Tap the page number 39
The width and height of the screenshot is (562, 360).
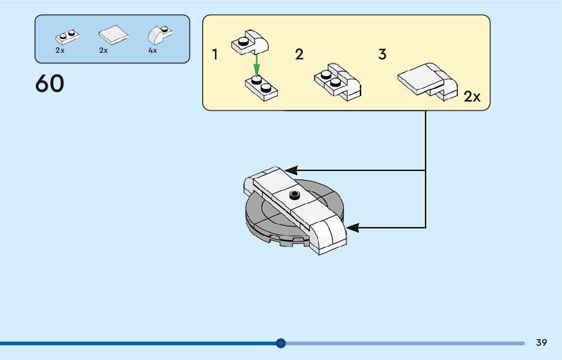(541, 343)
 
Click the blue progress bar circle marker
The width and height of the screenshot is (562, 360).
(281, 343)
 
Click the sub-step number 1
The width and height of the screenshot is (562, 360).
(215, 54)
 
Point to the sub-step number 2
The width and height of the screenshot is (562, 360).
(299, 54)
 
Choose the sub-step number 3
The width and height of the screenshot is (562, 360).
(383, 54)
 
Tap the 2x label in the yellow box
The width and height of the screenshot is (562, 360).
(472, 96)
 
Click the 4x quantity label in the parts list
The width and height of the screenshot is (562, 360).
(152, 51)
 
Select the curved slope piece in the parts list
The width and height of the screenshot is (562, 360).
(160, 35)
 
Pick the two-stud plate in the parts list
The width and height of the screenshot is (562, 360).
(68, 37)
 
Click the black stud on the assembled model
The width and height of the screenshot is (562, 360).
(294, 195)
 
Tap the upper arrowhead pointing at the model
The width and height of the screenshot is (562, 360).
(291, 170)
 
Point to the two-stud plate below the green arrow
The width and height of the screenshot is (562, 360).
(261, 87)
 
